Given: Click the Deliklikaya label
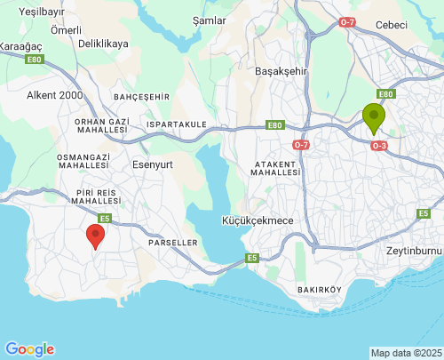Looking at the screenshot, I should tap(103, 43).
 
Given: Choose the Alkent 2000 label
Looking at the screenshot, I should tap(55, 94).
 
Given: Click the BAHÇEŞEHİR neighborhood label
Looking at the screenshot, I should tap(141, 96).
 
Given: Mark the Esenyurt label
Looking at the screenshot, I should tap(152, 164).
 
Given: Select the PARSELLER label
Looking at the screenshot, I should tap(172, 243).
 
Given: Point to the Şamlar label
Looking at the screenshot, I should tap(209, 20).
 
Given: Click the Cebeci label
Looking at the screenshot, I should tap(391, 25).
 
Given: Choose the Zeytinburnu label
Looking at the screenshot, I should tap(414, 251).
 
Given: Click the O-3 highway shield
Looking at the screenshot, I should tap(379, 145).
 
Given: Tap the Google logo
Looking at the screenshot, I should tap(29, 349).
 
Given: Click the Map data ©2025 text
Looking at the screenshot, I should tap(406, 353).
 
